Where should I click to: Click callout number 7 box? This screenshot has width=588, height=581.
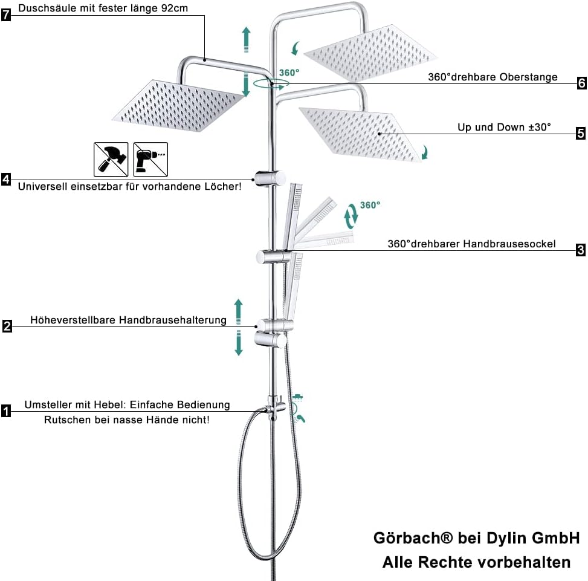6,15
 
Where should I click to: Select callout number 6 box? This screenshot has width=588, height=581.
581,83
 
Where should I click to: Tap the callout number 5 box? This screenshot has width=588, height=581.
581,134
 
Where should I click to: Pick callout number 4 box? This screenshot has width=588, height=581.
6,179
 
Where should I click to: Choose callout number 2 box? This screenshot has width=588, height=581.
7,326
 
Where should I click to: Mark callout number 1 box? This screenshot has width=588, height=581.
6,412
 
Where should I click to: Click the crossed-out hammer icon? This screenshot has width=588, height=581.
111,159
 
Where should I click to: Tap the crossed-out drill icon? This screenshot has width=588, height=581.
150,159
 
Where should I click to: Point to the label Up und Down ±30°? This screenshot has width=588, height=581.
504,128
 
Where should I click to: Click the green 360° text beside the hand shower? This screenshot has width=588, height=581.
370,205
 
